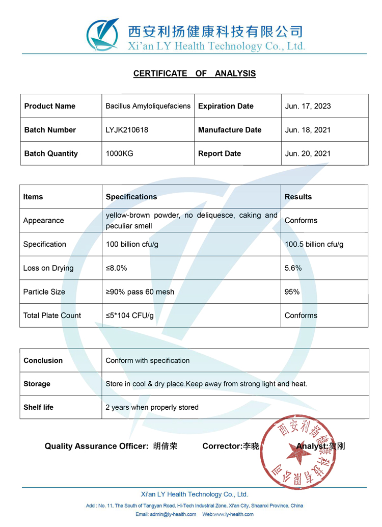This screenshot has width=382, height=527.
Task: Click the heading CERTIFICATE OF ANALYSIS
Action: click(194, 73)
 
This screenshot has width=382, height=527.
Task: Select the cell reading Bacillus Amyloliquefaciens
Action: click(148, 106)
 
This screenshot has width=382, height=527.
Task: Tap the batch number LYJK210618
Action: click(127, 130)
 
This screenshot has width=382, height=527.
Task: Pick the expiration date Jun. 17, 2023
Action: click(308, 106)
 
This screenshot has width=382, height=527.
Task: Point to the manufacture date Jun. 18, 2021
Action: click(308, 130)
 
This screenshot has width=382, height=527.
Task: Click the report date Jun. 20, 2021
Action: click(308, 153)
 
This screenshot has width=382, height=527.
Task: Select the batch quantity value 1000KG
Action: click(119, 153)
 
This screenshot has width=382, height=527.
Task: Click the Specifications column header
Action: click(131, 197)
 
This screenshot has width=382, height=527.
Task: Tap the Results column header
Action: click(298, 197)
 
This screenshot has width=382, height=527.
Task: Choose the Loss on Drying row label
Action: click(48, 268)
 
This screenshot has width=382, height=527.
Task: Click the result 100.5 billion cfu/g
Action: click(314, 244)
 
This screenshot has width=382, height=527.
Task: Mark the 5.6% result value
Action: click(293, 268)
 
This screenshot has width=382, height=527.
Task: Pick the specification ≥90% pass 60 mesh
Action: click(140, 292)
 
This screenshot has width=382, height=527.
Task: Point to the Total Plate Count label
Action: click(52, 315)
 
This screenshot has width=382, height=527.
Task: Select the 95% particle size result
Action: click(292, 292)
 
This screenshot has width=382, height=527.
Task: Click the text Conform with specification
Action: click(147, 360)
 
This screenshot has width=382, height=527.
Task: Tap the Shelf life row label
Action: click(38, 407)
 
